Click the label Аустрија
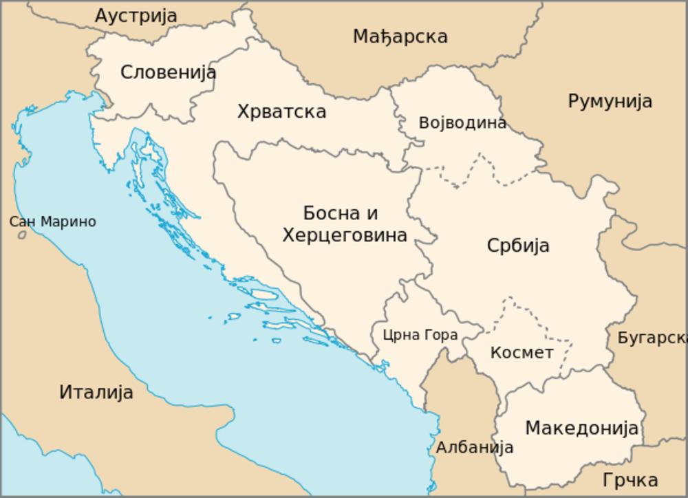(136, 15)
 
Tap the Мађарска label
(400, 36)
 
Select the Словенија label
(168, 72)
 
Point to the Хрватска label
(281, 111)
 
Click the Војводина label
(462, 123)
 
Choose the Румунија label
(610, 101)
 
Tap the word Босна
(331, 213)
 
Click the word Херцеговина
(345, 235)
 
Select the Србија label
(517, 246)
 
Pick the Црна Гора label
(420, 336)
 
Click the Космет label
(522, 353)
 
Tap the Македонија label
(582, 428)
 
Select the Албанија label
(475, 447)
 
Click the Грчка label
(630, 479)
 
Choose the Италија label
(96, 393)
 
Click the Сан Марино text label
(52, 222)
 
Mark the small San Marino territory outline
(22, 235)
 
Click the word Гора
(441, 336)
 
